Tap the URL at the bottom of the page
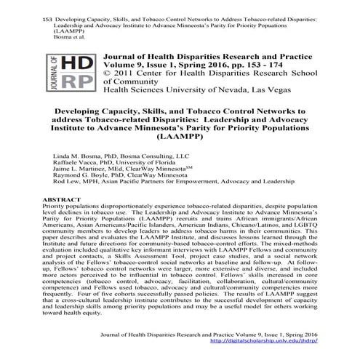pos(273,340)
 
